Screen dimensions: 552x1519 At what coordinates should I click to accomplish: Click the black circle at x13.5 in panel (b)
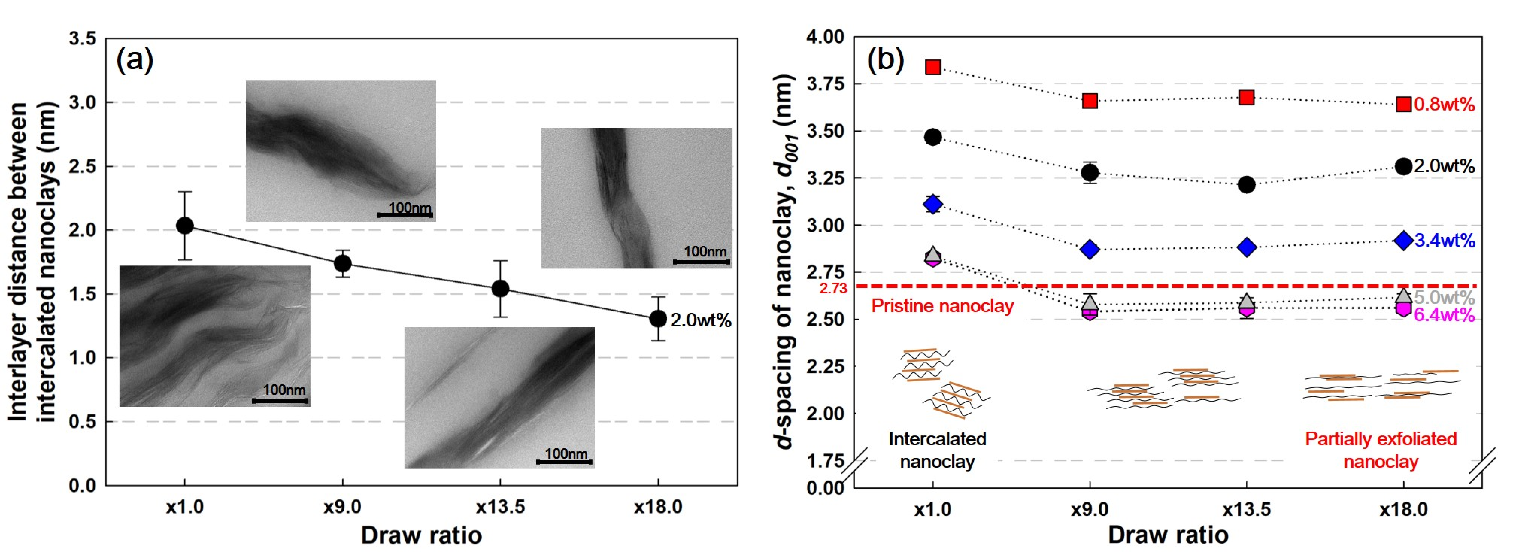pos(1247,185)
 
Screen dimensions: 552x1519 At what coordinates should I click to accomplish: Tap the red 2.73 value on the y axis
pos(833,288)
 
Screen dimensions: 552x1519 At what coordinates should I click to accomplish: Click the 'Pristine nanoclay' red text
pos(942,306)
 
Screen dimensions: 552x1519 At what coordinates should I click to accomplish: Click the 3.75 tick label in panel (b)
pos(825,84)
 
